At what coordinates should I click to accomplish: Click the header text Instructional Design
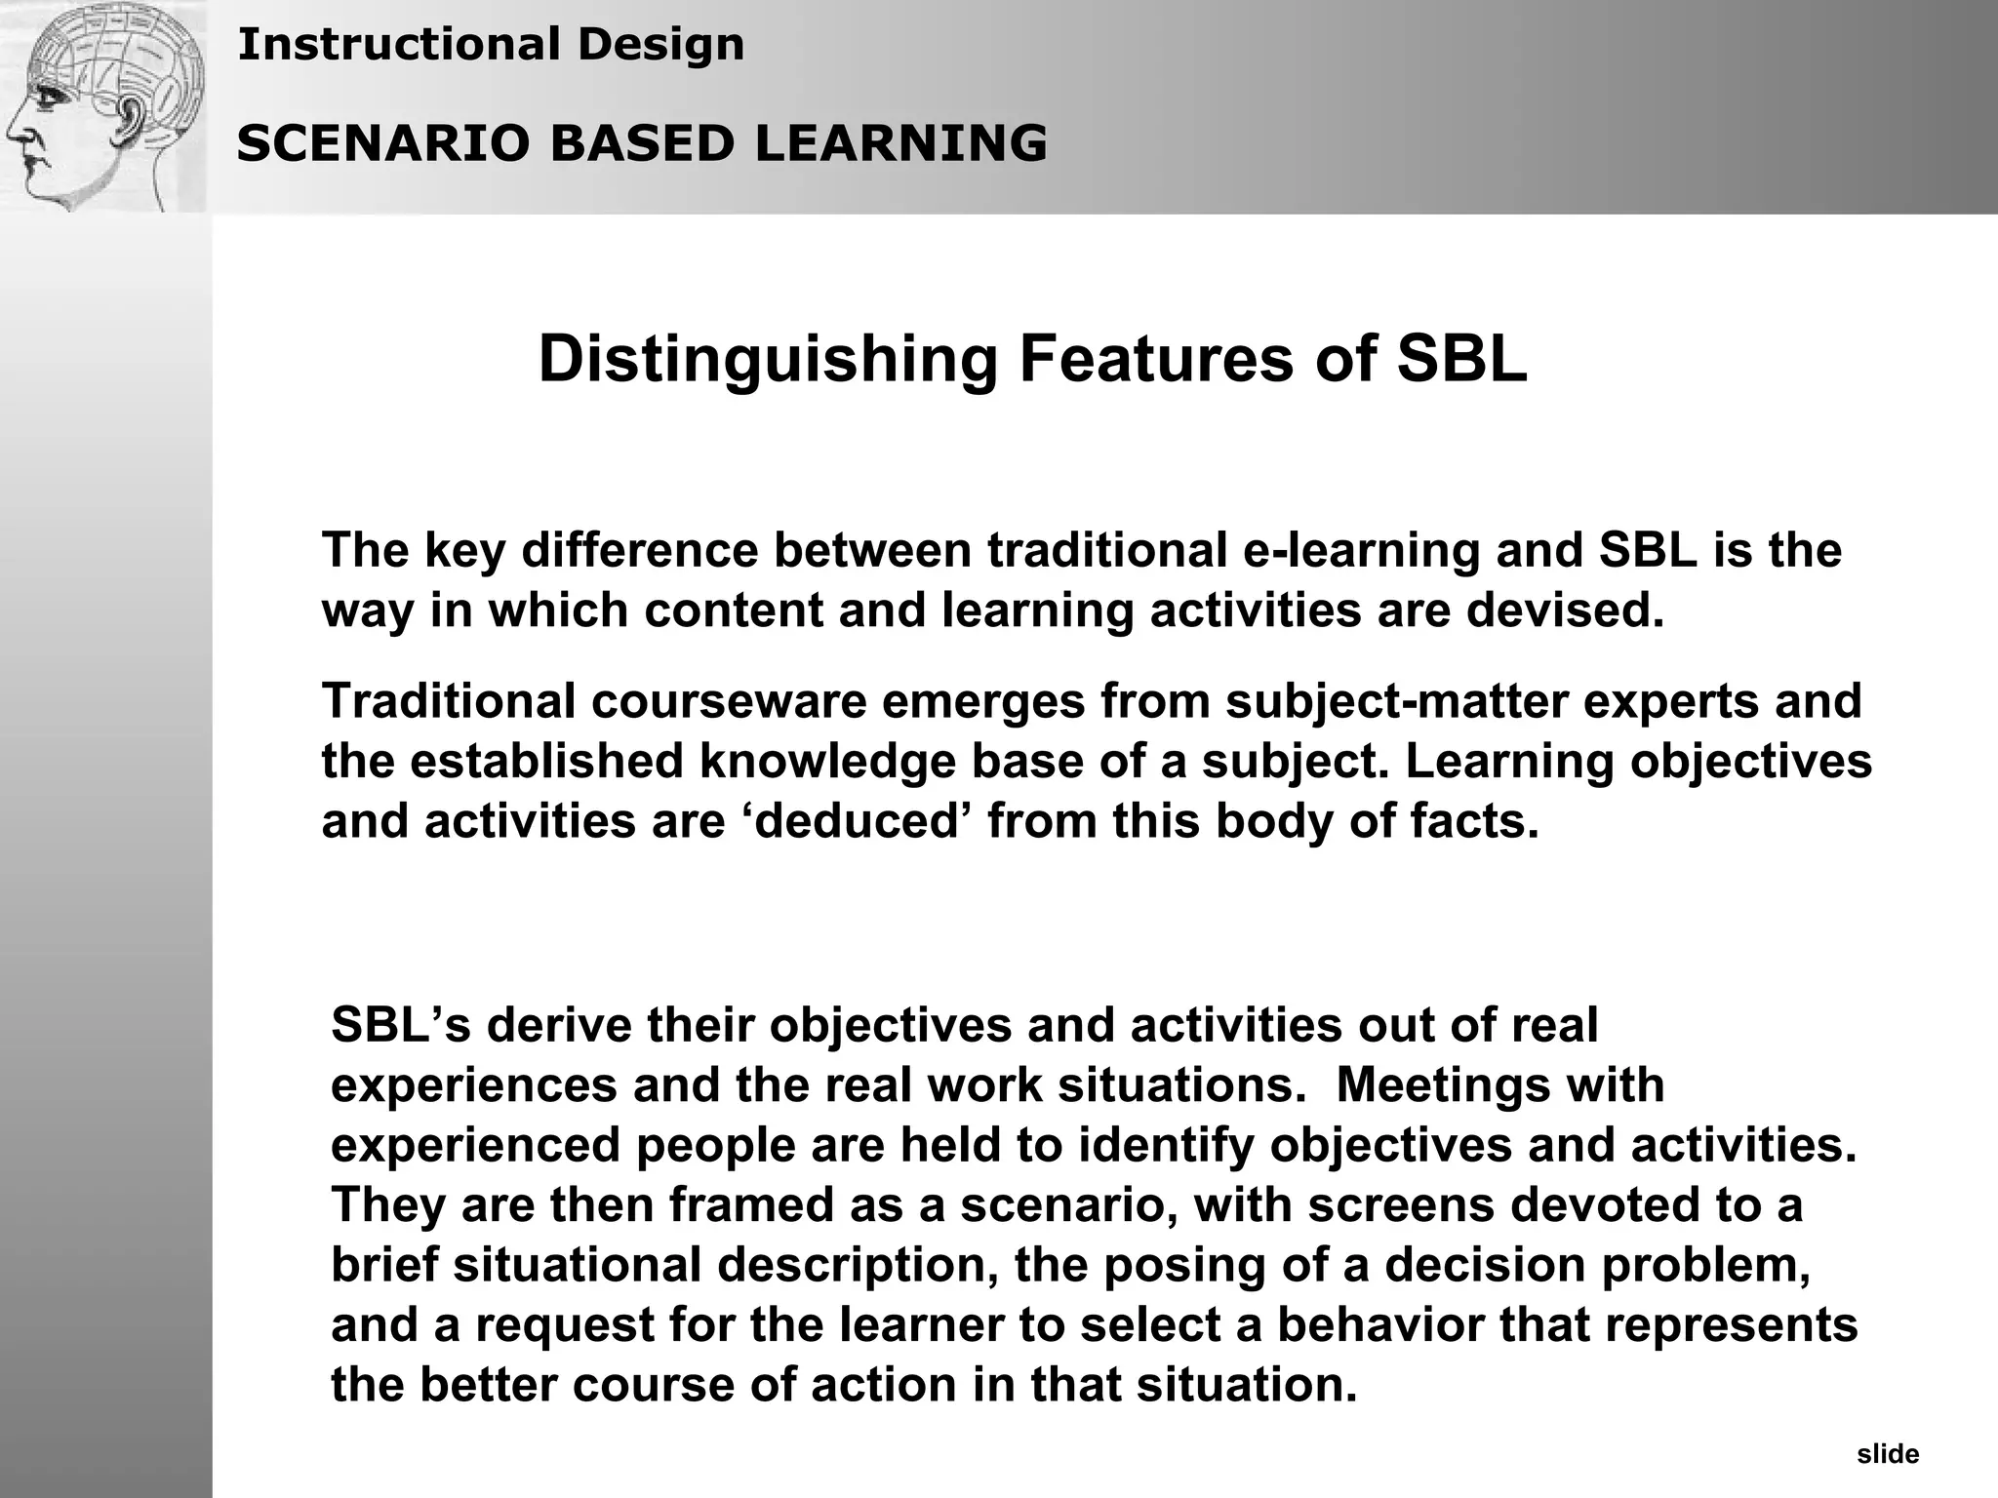click(491, 44)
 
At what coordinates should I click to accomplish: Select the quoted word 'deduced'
click(859, 821)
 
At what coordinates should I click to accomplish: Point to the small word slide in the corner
click(1888, 1455)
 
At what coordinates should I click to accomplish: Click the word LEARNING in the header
click(900, 143)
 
